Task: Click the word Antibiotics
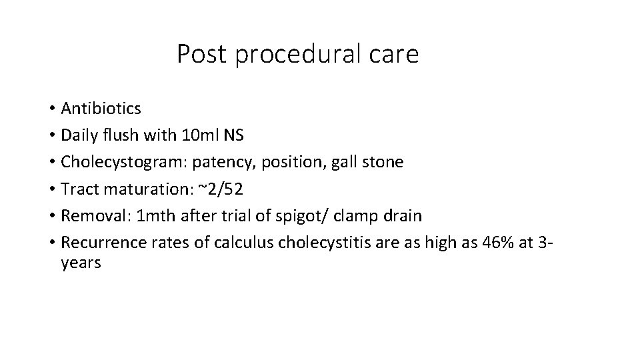click(x=101, y=108)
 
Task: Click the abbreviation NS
click(x=235, y=135)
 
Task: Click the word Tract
click(x=77, y=190)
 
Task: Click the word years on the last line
click(x=81, y=263)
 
